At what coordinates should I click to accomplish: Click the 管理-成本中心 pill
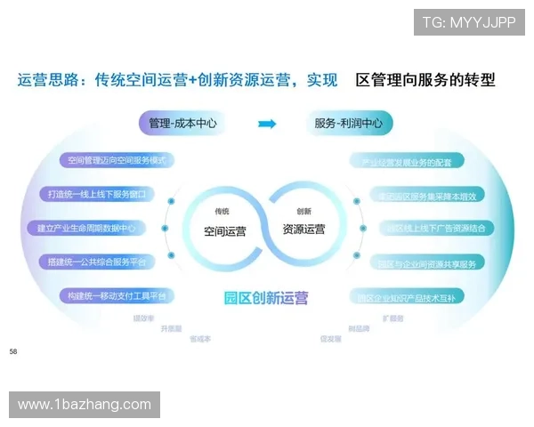click(x=183, y=124)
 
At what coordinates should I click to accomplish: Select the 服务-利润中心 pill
click(x=348, y=124)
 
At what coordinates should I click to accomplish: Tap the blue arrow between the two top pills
click(x=266, y=124)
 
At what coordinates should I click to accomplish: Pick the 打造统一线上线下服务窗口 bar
click(x=100, y=194)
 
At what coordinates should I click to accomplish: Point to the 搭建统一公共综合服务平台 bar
click(x=98, y=262)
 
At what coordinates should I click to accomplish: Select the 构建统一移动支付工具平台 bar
click(x=116, y=295)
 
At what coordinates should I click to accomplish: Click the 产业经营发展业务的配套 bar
click(x=406, y=162)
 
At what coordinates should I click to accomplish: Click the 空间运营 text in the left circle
click(x=225, y=230)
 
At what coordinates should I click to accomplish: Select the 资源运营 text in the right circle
click(x=303, y=230)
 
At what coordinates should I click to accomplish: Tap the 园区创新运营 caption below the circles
click(x=266, y=297)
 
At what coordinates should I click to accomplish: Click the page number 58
click(x=13, y=352)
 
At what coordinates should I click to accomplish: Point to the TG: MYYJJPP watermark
click(x=469, y=21)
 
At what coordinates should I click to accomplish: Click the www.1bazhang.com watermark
click(x=85, y=405)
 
